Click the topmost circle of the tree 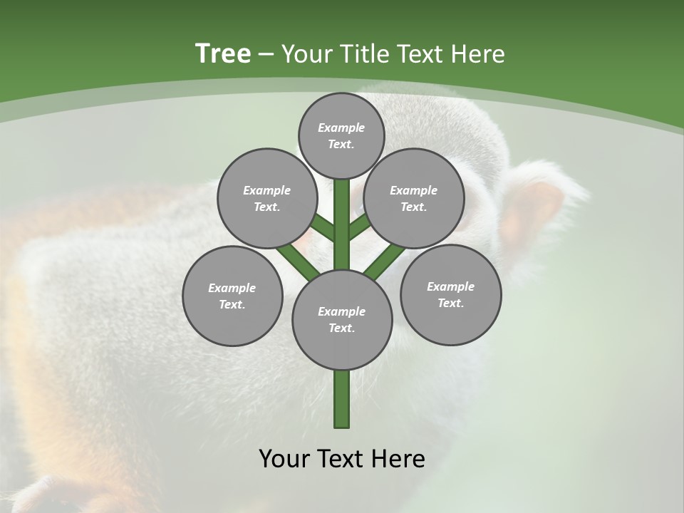point(341,135)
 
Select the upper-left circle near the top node point(267,198)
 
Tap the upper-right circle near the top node point(414,198)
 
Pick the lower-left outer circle point(232,296)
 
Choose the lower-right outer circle point(450,294)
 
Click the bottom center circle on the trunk point(342,319)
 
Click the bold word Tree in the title point(223,53)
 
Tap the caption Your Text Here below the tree point(341,459)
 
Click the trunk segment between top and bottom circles point(342,224)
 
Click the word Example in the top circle point(341,128)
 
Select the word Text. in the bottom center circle point(341,328)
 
